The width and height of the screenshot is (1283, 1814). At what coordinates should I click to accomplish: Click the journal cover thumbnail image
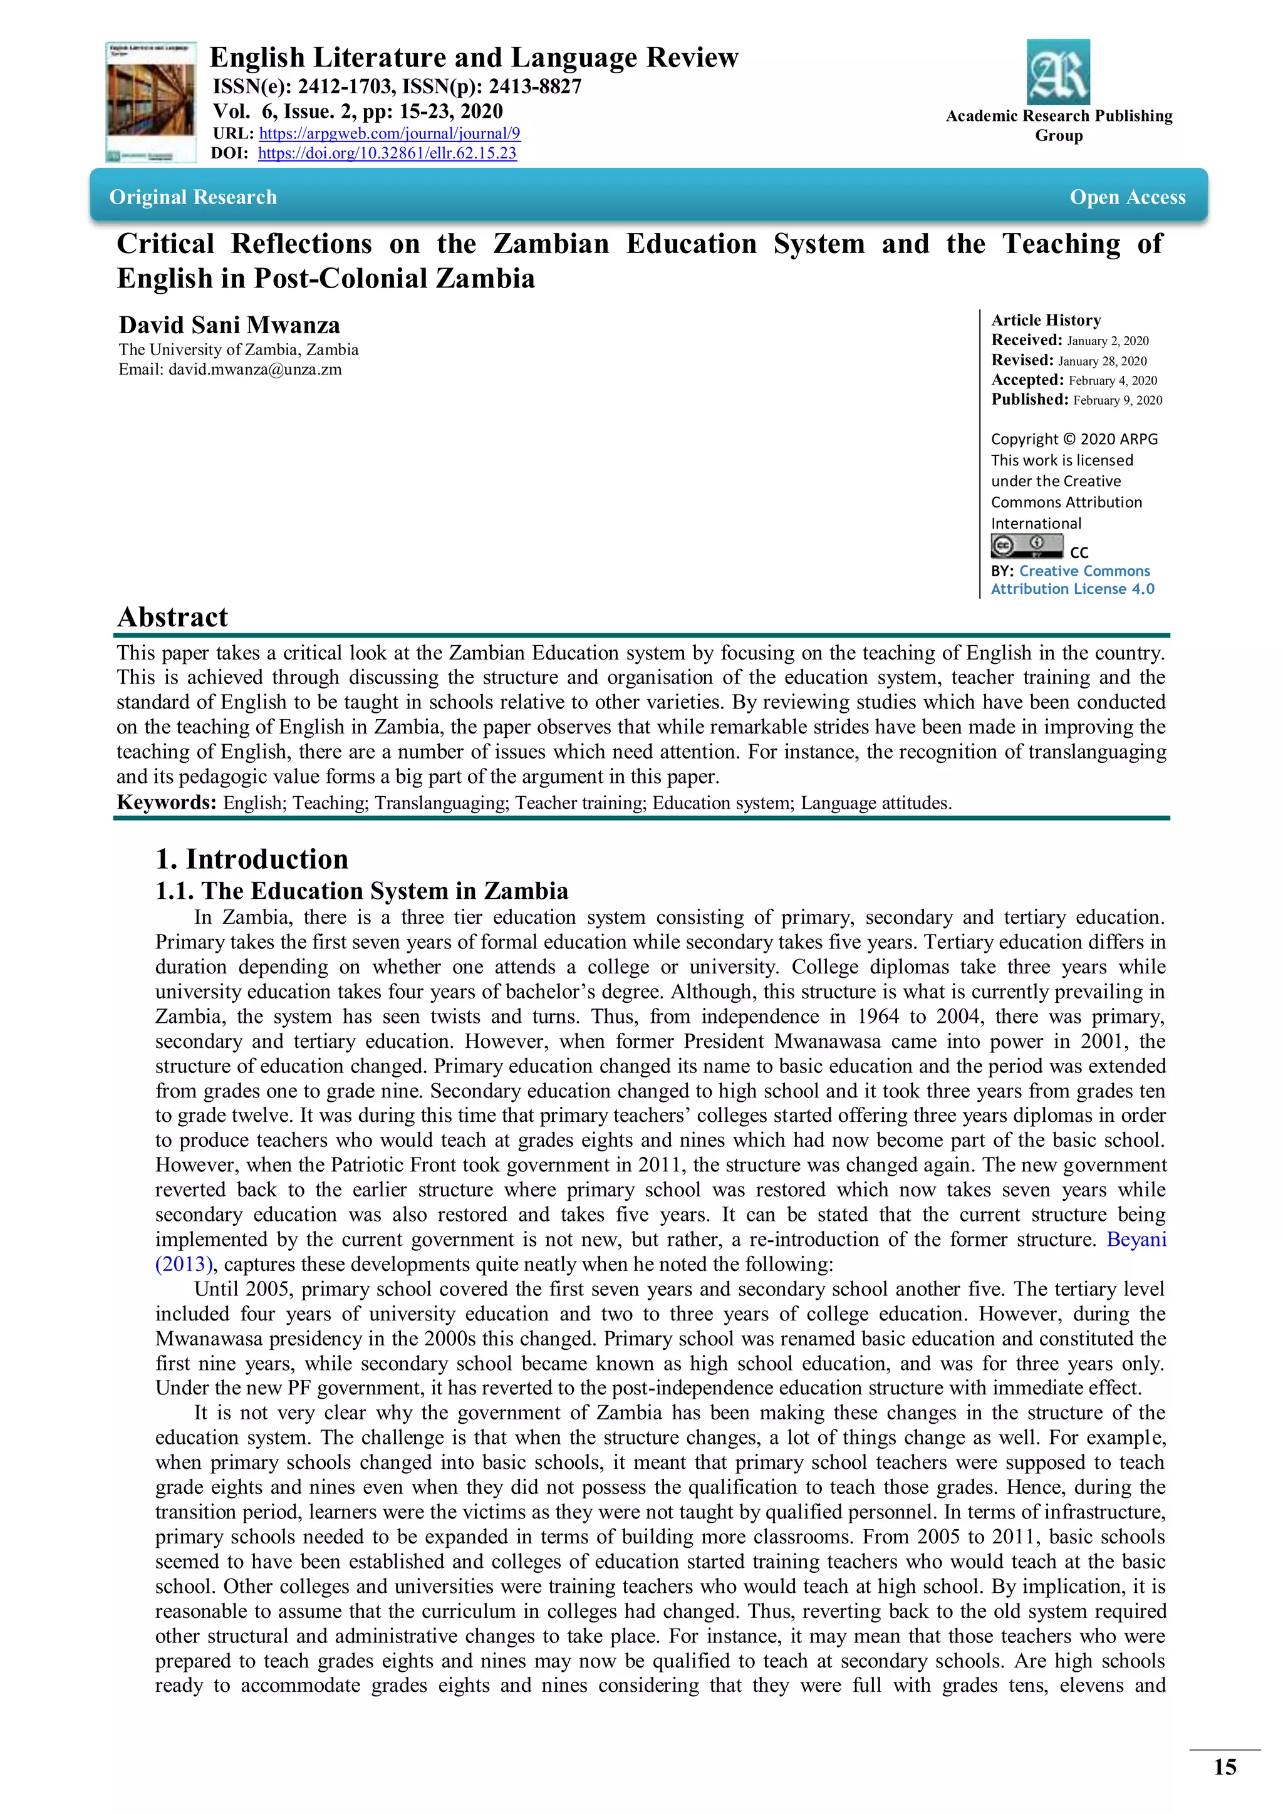pyautogui.click(x=150, y=103)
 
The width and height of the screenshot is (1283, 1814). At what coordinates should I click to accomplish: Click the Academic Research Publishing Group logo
pyautogui.click(x=1058, y=72)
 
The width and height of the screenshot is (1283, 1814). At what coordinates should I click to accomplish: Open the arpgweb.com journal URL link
pyautogui.click(x=390, y=133)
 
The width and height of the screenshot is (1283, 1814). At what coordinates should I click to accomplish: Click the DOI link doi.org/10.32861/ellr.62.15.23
pyautogui.click(x=387, y=153)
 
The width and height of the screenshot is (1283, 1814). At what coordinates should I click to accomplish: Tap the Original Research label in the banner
pyautogui.click(x=194, y=197)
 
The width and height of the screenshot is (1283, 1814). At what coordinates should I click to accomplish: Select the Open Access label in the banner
pyautogui.click(x=1128, y=197)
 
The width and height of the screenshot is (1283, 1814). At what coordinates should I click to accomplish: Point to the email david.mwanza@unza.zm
pyautogui.click(x=254, y=369)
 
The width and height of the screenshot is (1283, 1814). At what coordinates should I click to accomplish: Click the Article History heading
pyautogui.click(x=1046, y=320)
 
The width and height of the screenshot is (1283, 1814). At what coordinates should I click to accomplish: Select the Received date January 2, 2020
pyautogui.click(x=1108, y=341)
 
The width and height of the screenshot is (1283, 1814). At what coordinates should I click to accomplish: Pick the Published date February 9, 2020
pyautogui.click(x=1117, y=400)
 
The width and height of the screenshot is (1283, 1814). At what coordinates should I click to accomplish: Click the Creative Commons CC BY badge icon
pyautogui.click(x=1027, y=546)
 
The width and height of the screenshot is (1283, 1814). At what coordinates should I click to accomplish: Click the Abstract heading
pyautogui.click(x=172, y=617)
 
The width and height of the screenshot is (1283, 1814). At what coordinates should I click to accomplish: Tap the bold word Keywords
pyautogui.click(x=166, y=803)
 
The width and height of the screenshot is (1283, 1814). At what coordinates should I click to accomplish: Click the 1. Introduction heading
pyautogui.click(x=251, y=859)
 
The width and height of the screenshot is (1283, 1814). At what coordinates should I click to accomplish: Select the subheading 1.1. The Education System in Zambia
pyautogui.click(x=361, y=891)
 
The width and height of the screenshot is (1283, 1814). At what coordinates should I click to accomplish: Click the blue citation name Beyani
pyautogui.click(x=1136, y=1239)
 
